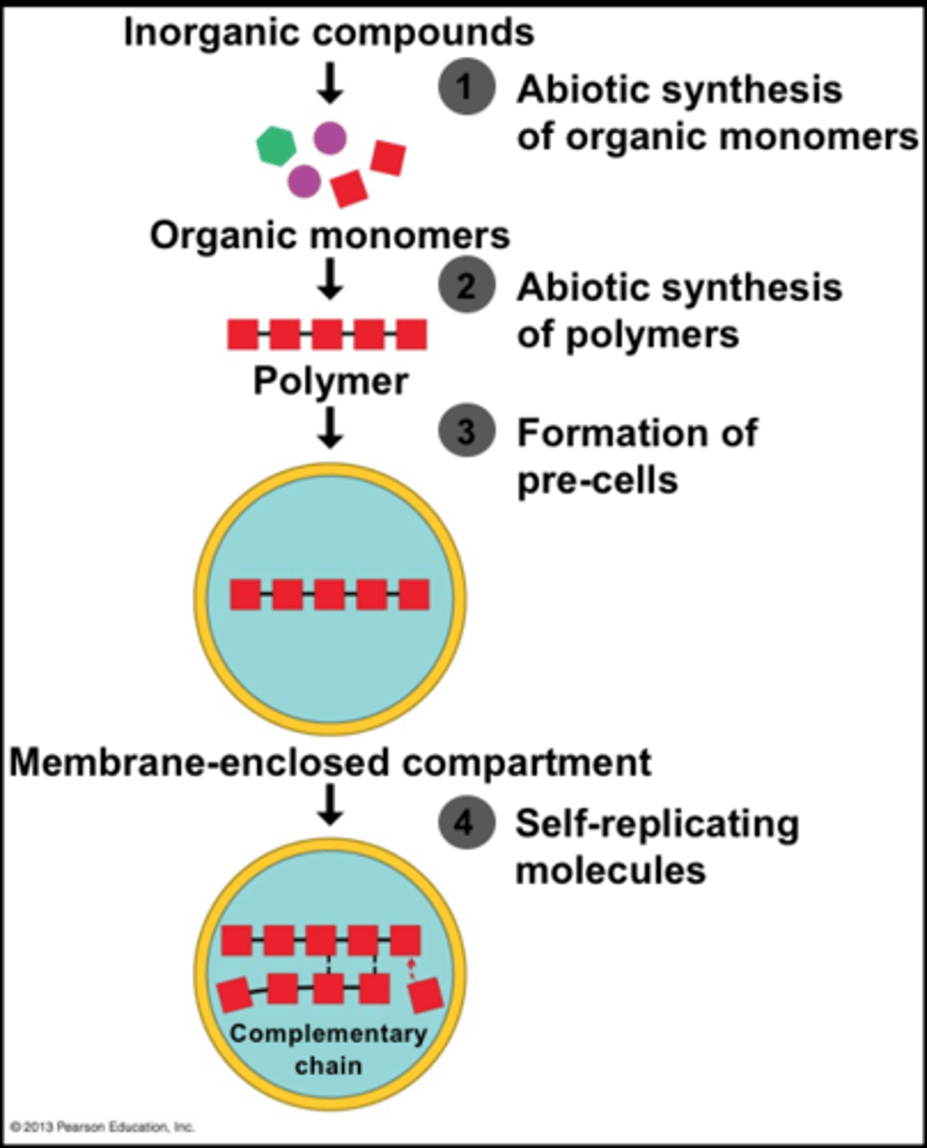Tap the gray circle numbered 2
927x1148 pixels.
click(466, 287)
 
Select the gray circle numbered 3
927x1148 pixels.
click(466, 432)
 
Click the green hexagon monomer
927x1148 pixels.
click(276, 146)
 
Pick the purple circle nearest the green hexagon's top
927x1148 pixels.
click(330, 138)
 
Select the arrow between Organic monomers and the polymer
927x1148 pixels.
click(330, 277)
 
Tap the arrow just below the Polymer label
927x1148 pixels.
click(330, 427)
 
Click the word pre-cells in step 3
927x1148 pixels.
click(597, 478)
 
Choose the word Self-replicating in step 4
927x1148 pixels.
click(657, 824)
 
